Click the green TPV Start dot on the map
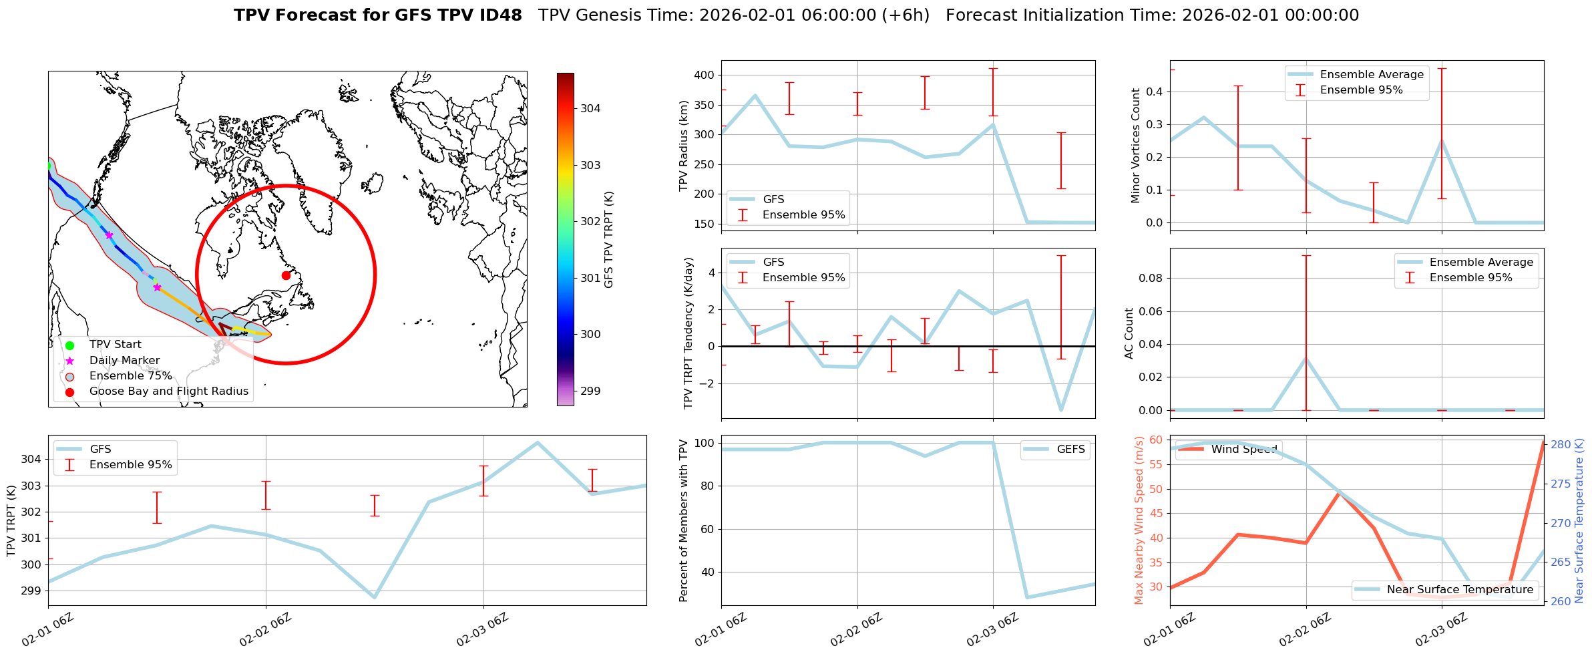49,166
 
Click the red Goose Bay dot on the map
286,275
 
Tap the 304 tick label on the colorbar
590,108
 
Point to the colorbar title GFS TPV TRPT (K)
608,240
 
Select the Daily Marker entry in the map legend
124,360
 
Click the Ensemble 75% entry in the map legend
130,375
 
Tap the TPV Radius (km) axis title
683,146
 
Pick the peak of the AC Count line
1306,358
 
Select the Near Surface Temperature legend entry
1459,589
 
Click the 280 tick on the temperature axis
1561,444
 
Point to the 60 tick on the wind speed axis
1155,440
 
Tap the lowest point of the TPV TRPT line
375,597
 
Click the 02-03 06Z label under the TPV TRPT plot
482,630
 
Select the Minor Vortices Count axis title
1136,146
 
